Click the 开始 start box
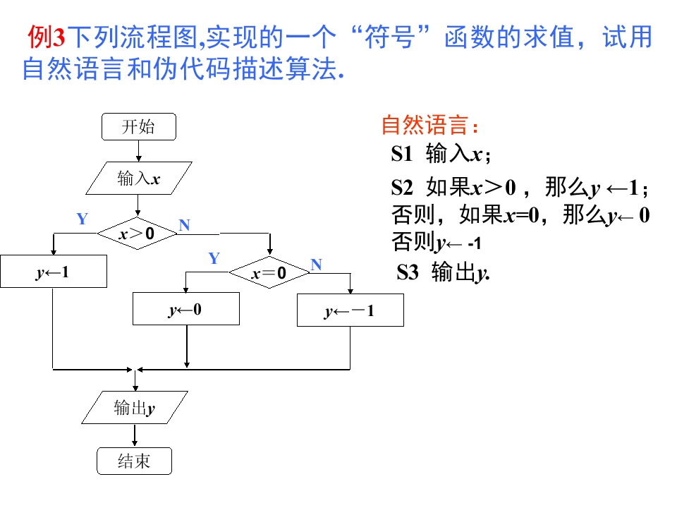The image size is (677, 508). (138, 127)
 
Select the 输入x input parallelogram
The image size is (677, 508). (138, 179)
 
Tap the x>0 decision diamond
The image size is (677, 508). (137, 233)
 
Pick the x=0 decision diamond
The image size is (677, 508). (269, 273)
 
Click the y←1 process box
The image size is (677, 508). (53, 272)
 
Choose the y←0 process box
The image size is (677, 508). (185, 309)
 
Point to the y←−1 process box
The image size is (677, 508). (350, 310)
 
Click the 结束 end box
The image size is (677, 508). (134, 461)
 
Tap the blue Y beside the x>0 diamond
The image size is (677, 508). (83, 219)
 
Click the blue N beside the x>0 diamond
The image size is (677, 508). (185, 225)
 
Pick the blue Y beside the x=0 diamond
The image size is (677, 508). (214, 258)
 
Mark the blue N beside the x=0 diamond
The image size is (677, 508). (316, 265)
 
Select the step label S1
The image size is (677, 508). (405, 154)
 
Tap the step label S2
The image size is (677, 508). (405, 188)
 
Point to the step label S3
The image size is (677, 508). (408, 272)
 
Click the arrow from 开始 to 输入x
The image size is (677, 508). (138, 150)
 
